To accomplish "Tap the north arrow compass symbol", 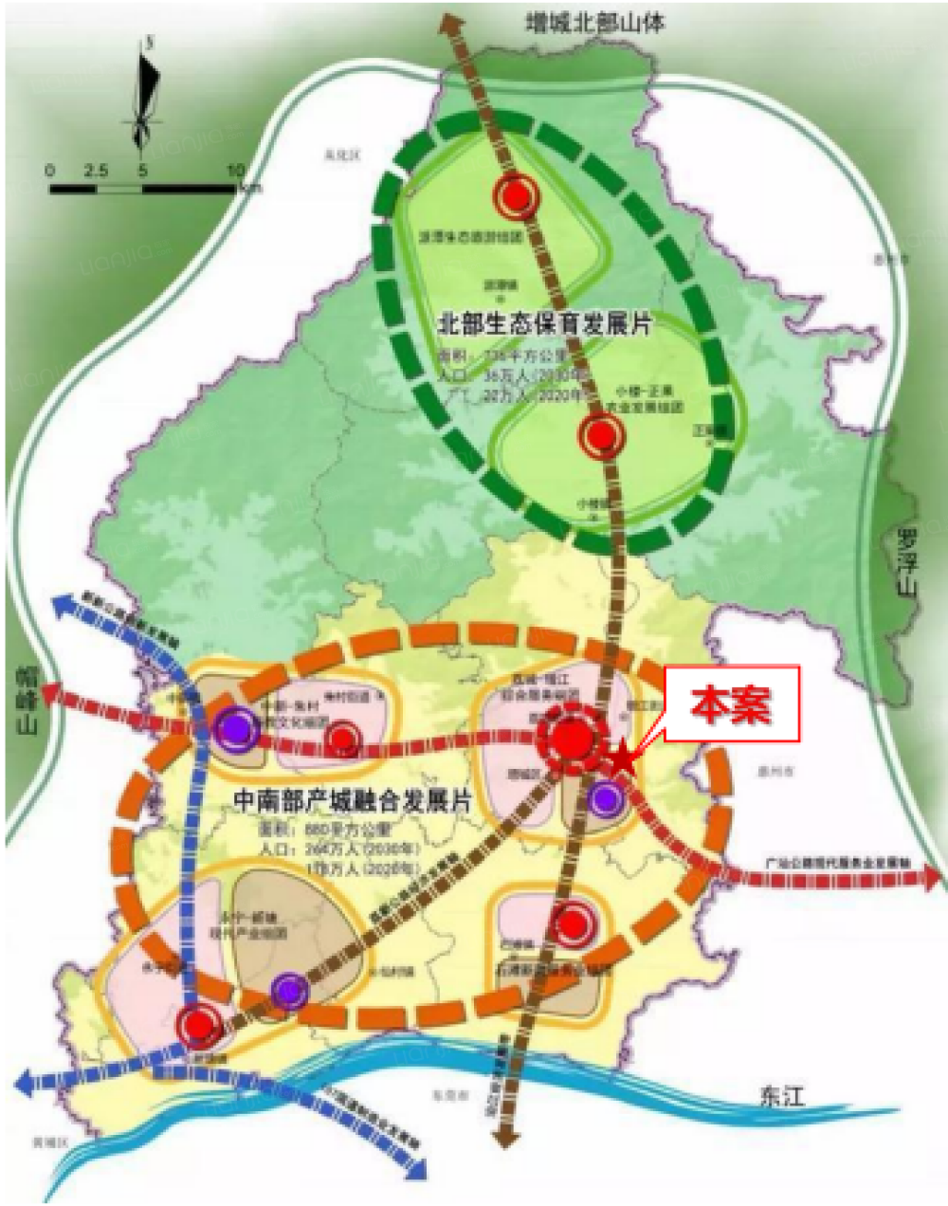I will pyautogui.click(x=144, y=95).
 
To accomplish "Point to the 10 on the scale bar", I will pyautogui.click(x=235, y=170).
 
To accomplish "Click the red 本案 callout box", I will pyautogui.click(x=731, y=705).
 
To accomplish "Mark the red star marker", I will pyautogui.click(x=622, y=758).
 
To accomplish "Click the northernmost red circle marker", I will pyautogui.click(x=516, y=196).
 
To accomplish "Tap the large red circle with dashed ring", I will pyautogui.click(x=571, y=741).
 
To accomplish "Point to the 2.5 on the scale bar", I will pyautogui.click(x=97, y=170).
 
